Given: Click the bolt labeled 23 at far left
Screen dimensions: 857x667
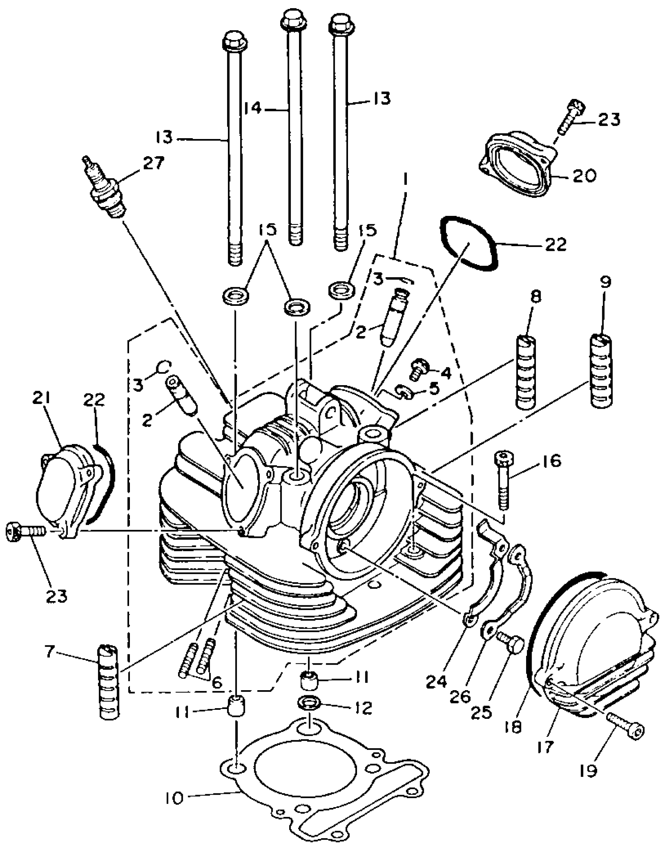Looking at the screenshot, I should click(24, 531).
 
